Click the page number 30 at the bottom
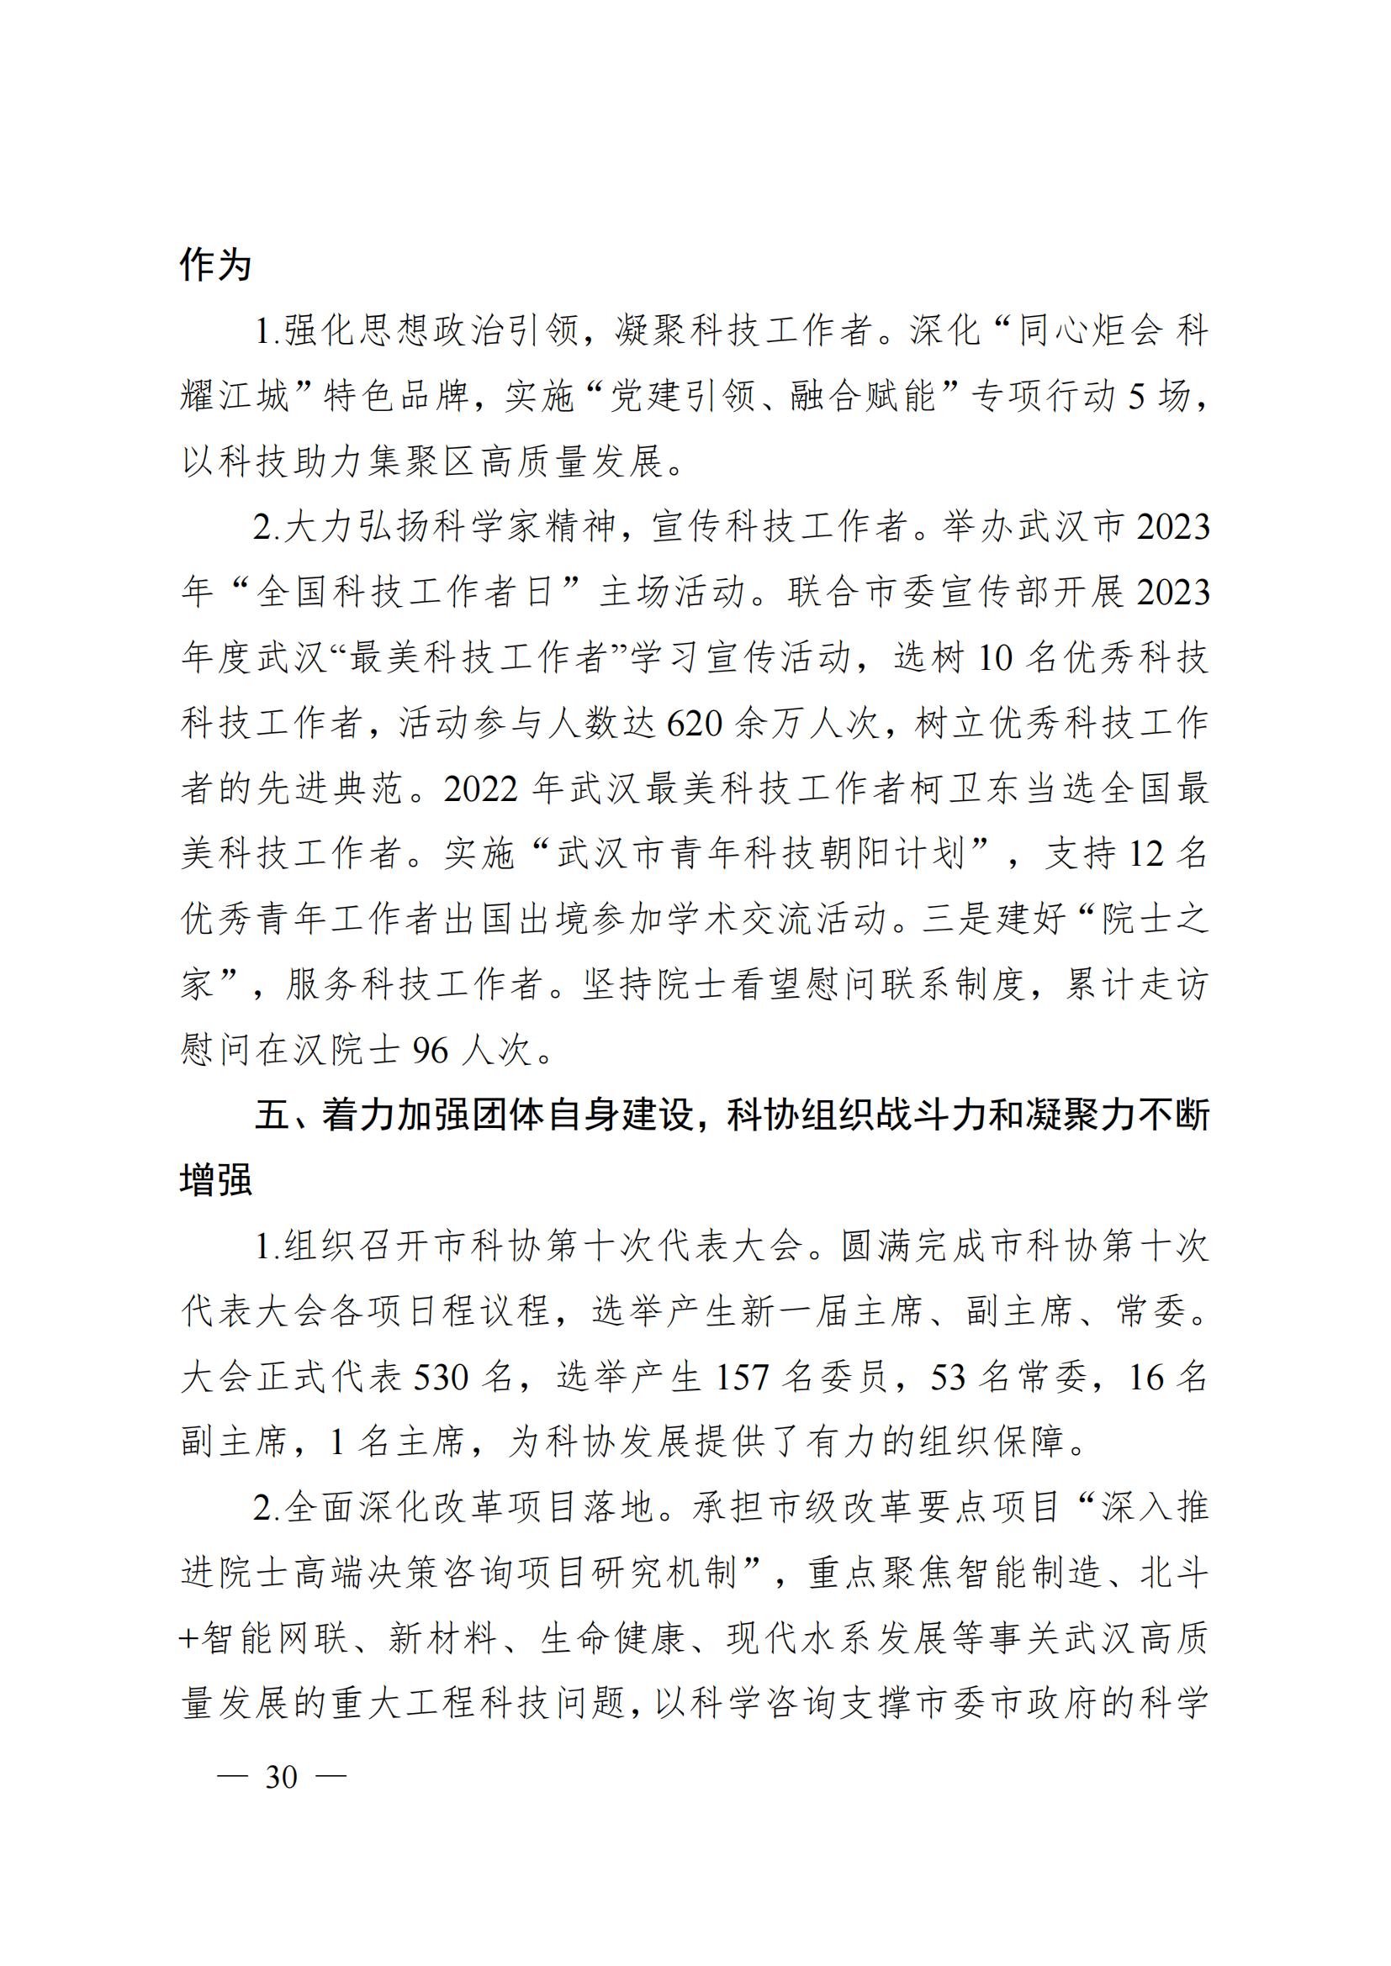pos(282,1778)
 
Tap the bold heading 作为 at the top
pos(215,265)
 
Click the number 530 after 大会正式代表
pos(442,1378)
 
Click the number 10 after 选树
pos(994,658)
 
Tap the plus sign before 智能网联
pos(188,1640)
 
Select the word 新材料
pos(443,1640)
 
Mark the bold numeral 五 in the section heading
pos(273,1115)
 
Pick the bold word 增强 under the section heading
pos(216,1180)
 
